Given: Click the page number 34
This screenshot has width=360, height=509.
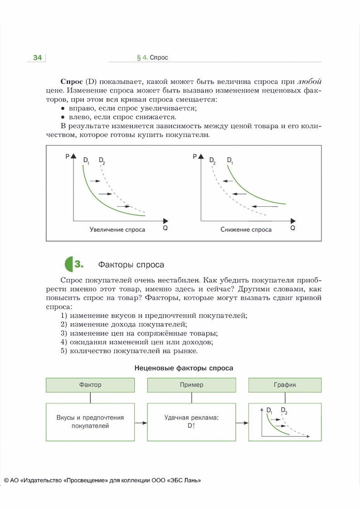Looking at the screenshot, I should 37,58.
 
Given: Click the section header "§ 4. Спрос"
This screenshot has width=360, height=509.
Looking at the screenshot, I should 152,58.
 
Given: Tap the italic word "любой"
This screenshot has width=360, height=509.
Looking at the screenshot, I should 309,82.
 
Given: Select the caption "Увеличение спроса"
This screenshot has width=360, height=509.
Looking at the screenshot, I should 117,230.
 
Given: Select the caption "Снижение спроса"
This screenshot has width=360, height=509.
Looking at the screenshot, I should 246,230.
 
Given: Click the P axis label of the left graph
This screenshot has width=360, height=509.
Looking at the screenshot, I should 67,156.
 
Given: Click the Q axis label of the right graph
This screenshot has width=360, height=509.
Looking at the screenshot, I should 292,228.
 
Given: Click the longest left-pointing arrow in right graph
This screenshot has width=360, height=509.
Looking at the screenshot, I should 265,206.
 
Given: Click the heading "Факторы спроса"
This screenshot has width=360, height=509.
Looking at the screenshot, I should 131,265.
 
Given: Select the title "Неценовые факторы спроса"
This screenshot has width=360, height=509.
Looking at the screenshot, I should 184,368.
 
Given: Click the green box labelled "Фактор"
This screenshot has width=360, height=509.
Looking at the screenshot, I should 91,385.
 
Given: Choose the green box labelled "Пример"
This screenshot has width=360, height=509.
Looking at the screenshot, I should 191,385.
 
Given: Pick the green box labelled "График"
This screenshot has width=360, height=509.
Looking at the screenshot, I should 285,385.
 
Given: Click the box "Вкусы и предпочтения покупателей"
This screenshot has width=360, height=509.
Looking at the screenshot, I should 91,422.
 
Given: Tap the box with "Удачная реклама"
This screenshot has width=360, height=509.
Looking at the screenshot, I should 191,422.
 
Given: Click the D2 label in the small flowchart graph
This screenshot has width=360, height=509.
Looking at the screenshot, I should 284,411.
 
